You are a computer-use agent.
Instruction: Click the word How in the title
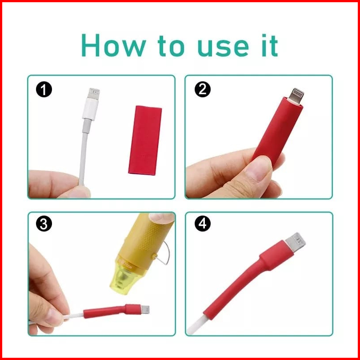click(113, 45)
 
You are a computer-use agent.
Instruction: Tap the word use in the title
click(223, 48)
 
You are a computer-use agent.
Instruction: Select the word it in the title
click(270, 45)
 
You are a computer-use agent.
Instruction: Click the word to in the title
click(171, 46)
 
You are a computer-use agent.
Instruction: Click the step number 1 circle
click(44, 89)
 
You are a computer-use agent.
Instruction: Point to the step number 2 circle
click(203, 89)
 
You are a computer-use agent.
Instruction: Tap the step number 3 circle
click(44, 224)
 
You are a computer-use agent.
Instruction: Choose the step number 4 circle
click(203, 224)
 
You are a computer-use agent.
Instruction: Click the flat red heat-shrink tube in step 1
click(145, 140)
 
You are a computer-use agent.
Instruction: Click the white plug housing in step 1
click(91, 109)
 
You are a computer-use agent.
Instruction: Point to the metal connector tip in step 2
click(296, 96)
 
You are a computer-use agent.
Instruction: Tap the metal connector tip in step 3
click(145, 309)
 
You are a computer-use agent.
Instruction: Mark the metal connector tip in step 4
click(296, 243)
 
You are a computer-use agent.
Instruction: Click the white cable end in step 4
click(196, 325)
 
